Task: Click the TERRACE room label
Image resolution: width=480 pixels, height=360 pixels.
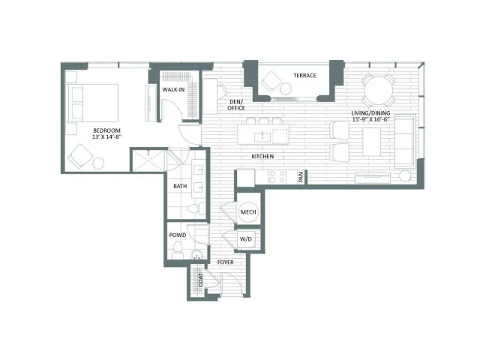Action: click(x=304, y=75)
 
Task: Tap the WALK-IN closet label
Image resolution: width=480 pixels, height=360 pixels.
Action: click(x=173, y=90)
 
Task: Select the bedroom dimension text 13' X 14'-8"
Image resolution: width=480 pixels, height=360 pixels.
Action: click(x=106, y=136)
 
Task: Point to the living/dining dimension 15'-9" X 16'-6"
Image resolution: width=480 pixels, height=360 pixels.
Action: click(x=370, y=119)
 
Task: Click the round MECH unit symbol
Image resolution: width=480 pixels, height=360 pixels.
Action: click(x=248, y=211)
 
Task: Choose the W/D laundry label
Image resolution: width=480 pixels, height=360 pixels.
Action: click(x=245, y=238)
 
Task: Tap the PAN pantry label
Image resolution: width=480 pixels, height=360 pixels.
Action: click(x=301, y=177)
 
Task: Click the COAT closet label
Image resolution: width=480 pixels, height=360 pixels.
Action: click(x=201, y=280)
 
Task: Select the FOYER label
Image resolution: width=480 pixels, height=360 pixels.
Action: click(x=225, y=262)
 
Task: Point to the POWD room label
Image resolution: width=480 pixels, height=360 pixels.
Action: click(x=178, y=235)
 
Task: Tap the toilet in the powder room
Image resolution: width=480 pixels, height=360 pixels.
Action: click(x=177, y=250)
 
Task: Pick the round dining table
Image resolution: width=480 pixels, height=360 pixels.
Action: click(x=379, y=91)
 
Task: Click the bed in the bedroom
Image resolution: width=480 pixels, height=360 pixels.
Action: click(x=91, y=103)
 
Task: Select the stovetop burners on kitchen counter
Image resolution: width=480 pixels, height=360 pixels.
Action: click(x=277, y=177)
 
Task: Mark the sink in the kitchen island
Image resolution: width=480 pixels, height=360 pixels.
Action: click(x=262, y=136)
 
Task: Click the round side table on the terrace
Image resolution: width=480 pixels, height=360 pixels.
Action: click(x=286, y=88)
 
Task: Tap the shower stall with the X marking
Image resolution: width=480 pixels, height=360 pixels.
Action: click(x=148, y=160)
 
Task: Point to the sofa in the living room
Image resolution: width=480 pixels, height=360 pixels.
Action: click(x=405, y=141)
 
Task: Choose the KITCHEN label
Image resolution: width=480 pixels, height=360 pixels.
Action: click(x=262, y=157)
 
